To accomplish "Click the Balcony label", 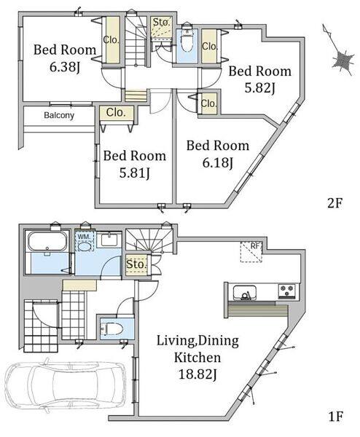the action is tap(59, 115).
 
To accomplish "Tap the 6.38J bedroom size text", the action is tap(66, 67).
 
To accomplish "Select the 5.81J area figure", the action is tap(135, 173).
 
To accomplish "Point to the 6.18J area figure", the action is tap(218, 162).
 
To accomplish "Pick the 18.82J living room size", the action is tap(197, 374).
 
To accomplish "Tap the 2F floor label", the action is tap(334, 203).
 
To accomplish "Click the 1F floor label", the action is tap(335, 417).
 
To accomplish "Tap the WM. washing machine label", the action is tap(83, 236).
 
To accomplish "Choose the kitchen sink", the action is tap(245, 293).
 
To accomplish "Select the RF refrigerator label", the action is tap(255, 246).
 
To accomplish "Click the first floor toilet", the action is tap(113, 329).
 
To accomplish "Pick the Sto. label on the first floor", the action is tap(136, 264).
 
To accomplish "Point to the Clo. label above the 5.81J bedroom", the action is tap(116, 113).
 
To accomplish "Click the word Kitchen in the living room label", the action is tap(197, 358).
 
